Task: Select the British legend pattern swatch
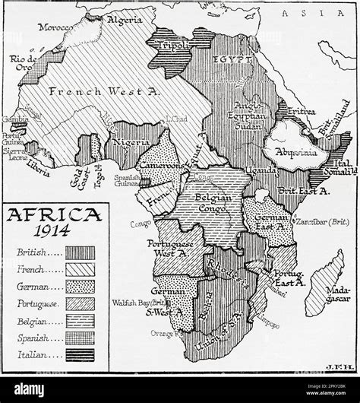click(x=80, y=252)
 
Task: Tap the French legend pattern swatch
click(x=80, y=269)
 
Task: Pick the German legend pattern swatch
click(x=80, y=287)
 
